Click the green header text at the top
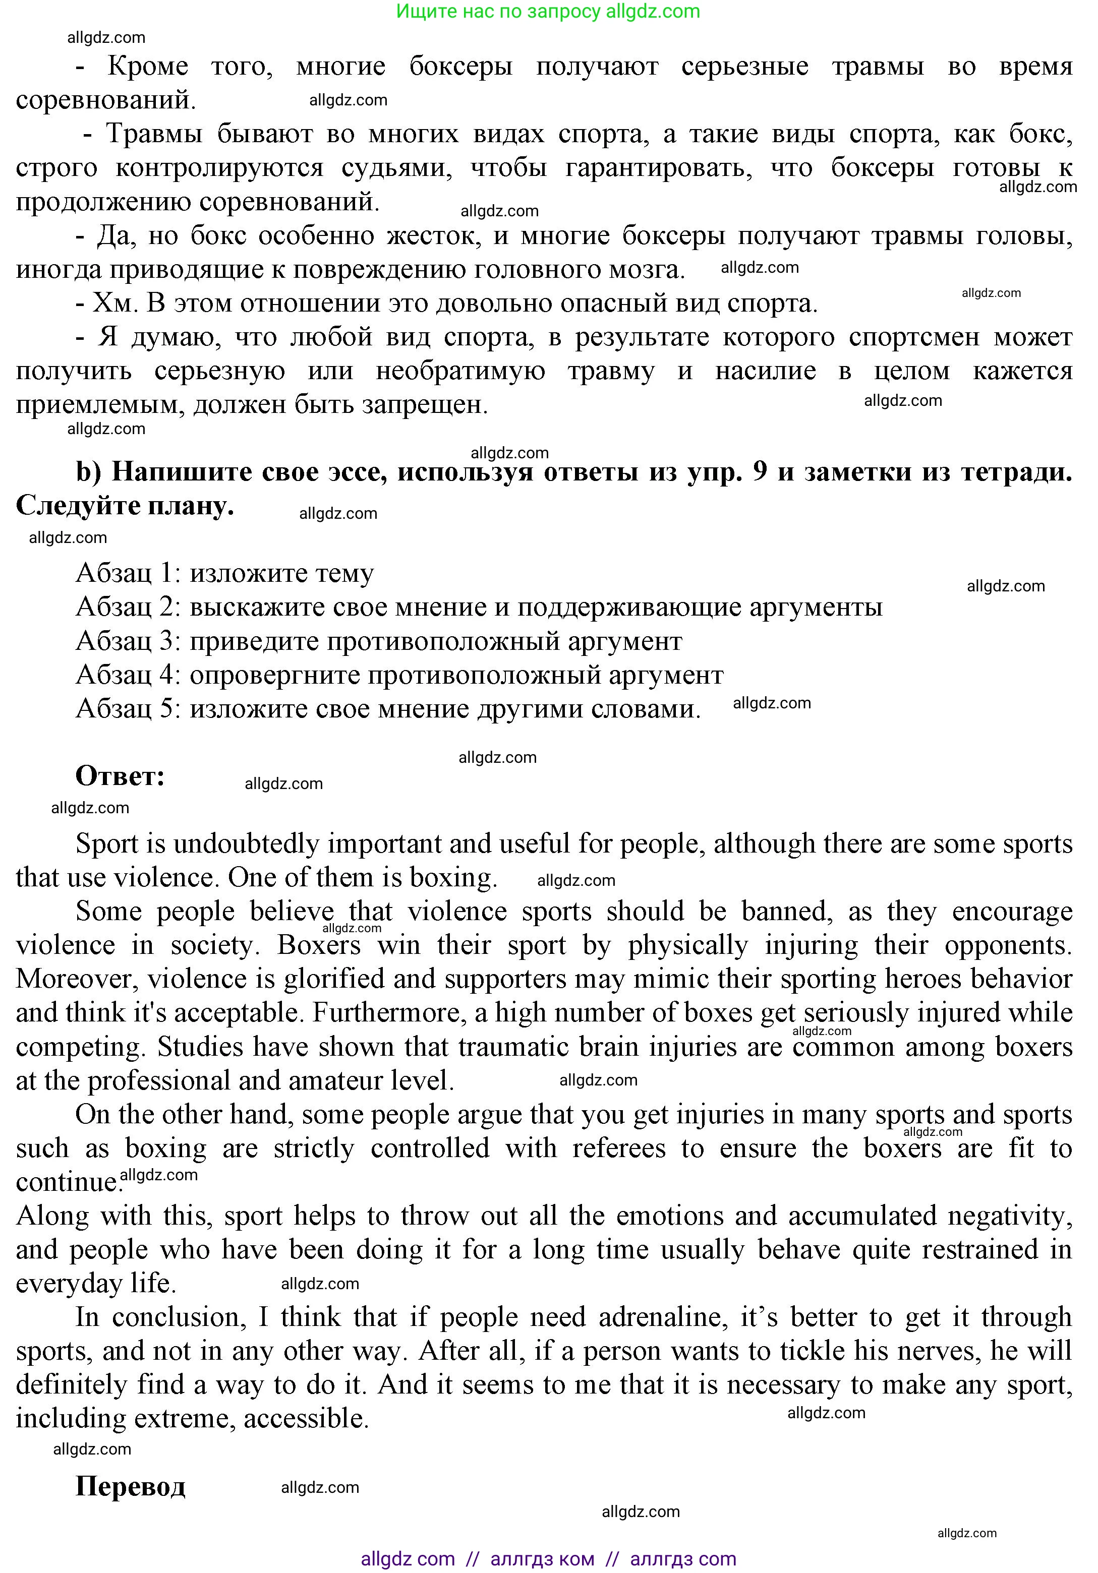pos(548,12)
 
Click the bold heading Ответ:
pos(120,776)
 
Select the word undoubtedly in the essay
pos(246,844)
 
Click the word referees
pos(619,1148)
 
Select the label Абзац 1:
pos(128,573)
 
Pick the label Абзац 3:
pos(128,641)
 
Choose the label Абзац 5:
pos(128,708)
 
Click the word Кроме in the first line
pos(148,67)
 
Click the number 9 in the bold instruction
pos(760,472)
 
